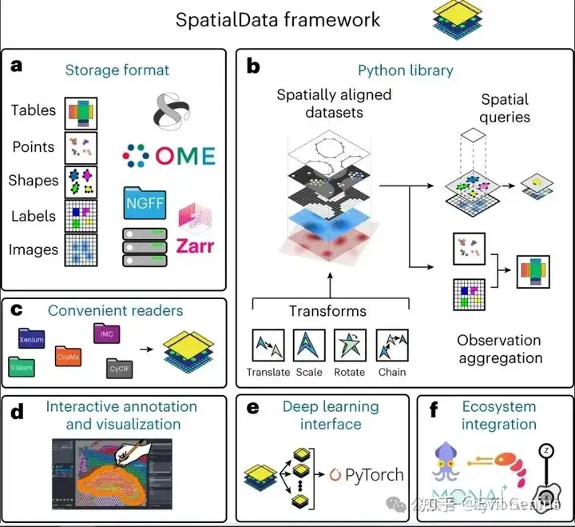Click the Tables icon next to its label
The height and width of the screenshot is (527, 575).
pyautogui.click(x=80, y=112)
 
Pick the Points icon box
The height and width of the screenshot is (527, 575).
pyautogui.click(x=80, y=147)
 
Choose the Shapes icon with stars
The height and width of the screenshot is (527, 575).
pyautogui.click(x=80, y=181)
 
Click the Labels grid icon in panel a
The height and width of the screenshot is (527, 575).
pyautogui.click(x=80, y=216)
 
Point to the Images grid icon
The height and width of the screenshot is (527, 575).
pyautogui.click(x=80, y=250)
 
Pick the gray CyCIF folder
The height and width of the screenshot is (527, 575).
pyautogui.click(x=120, y=369)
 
